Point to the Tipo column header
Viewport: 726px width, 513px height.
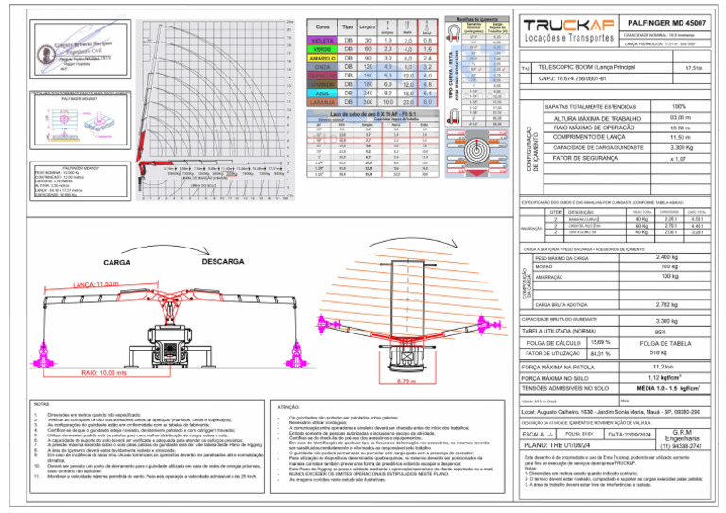point(347,27)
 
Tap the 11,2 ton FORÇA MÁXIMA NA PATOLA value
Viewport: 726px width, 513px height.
point(662,366)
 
